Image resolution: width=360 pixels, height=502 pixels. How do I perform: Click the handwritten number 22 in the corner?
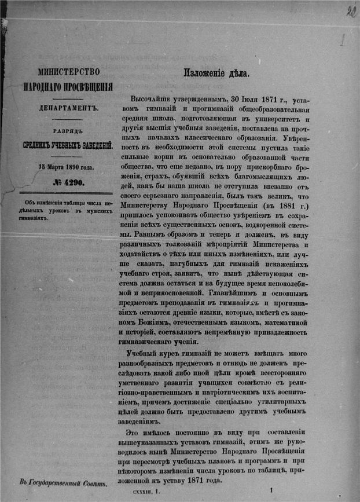pos(351,12)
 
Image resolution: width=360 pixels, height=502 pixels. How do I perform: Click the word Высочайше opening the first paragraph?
pos(151,100)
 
